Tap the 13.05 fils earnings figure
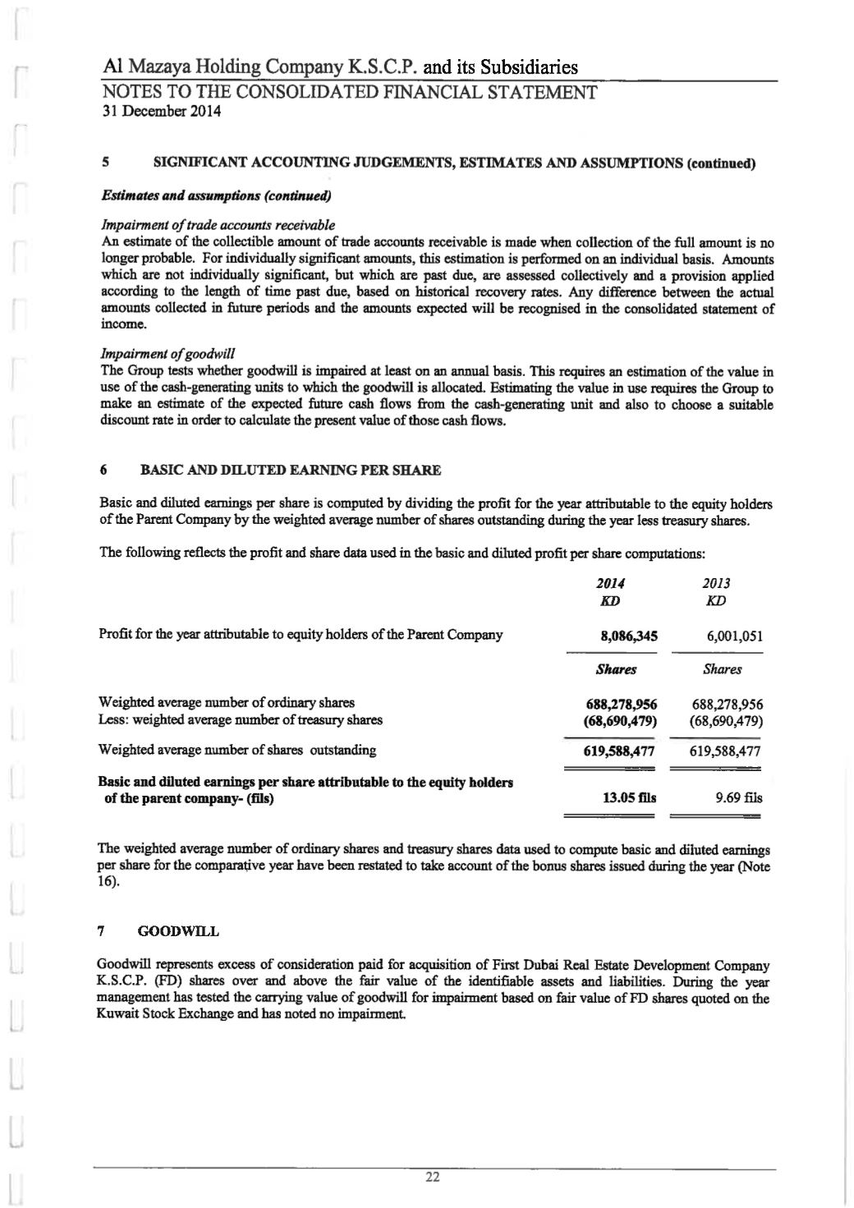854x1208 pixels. [x=629, y=797]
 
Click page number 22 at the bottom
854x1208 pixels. [x=433, y=1178]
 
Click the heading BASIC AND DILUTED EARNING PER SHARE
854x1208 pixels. [x=291, y=471]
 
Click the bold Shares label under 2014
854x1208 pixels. [x=616, y=669]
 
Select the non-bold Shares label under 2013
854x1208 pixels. [x=722, y=669]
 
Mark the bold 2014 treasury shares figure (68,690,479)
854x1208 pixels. [x=621, y=720]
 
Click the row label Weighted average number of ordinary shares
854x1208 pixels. [x=227, y=703]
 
